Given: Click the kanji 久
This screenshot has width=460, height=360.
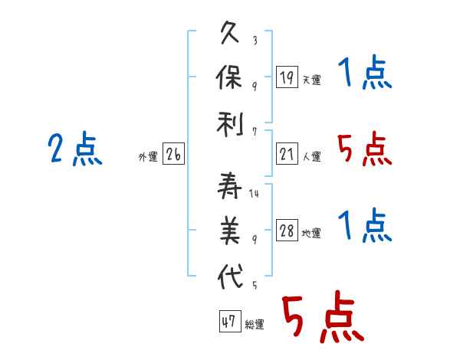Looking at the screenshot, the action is coord(229,32).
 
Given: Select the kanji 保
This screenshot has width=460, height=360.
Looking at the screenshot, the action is coord(228,77).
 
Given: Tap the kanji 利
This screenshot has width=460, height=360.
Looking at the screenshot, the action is coord(230,124).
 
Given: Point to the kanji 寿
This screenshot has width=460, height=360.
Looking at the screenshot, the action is coord(229,186).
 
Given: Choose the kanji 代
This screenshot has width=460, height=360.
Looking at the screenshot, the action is coord(230,277).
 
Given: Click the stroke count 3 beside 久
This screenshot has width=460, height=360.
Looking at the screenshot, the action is coord(255,40).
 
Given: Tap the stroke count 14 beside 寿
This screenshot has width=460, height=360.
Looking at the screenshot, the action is coord(254,193).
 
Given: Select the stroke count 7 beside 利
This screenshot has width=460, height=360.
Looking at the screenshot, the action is coord(255,132).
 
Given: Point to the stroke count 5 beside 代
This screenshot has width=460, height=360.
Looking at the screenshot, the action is coord(255,285).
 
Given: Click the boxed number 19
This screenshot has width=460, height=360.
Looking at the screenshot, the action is coord(287,77).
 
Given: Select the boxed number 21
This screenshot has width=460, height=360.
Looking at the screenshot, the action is coord(287,154).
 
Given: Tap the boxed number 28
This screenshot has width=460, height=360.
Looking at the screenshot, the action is coord(287,230).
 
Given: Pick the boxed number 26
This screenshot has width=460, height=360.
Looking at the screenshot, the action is coord(173,154).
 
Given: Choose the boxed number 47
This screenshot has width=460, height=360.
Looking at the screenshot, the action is coord(230,321).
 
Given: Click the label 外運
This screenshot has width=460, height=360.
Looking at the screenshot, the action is coord(148,157).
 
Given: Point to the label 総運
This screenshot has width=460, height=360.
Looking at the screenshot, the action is coord(255,324).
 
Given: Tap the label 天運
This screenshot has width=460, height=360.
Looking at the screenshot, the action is coord(312,80).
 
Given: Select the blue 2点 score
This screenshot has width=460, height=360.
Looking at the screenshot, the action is coord(75,148).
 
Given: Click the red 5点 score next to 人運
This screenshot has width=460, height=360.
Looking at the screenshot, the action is coord(365,149).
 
